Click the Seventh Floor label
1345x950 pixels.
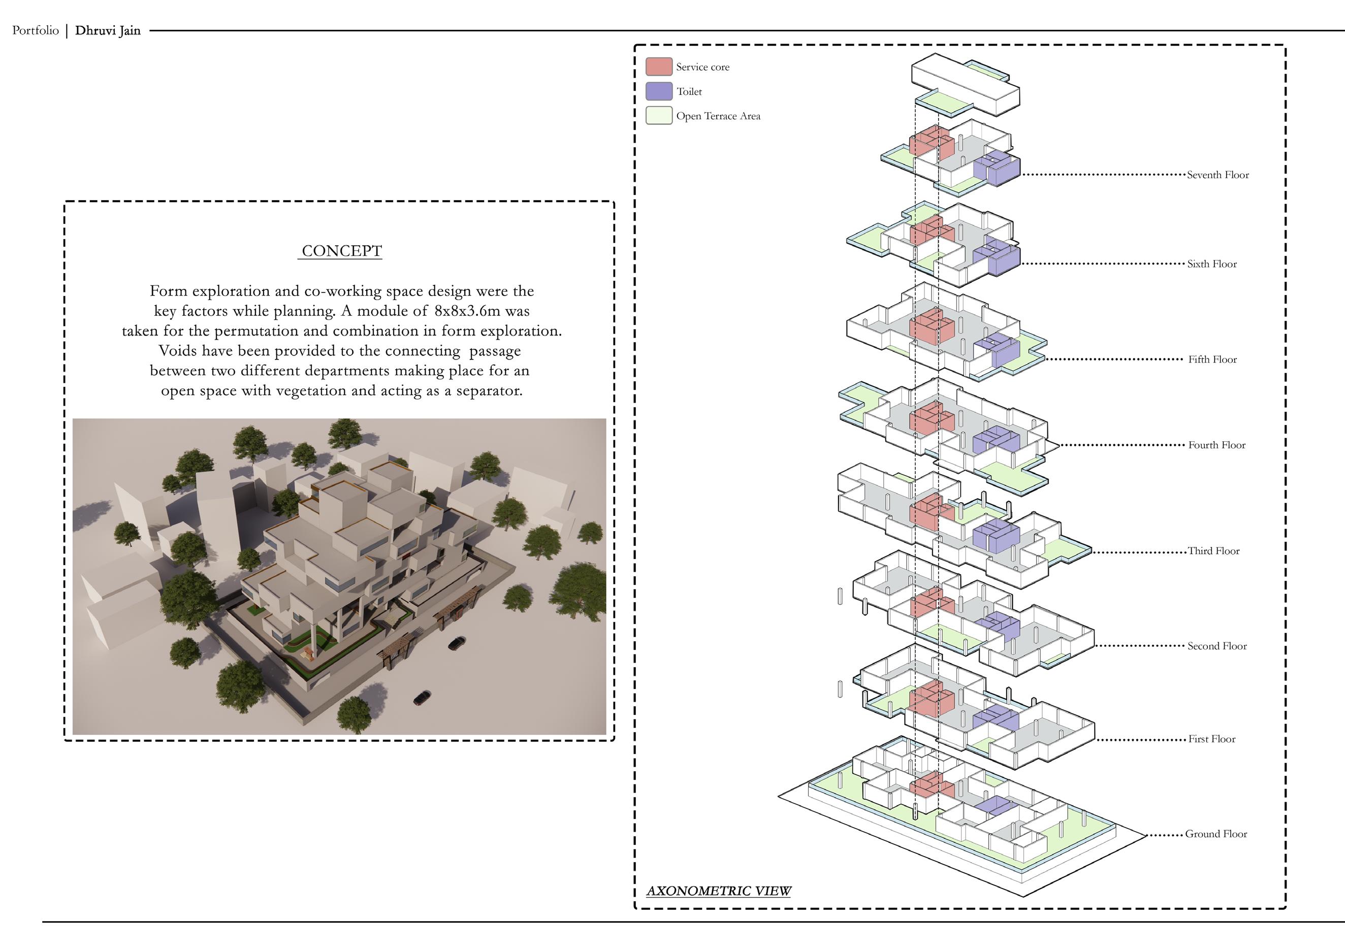click(x=1218, y=175)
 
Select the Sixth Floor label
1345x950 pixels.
click(x=1211, y=264)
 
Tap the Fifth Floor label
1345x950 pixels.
click(x=1212, y=359)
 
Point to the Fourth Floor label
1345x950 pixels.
click(x=1216, y=445)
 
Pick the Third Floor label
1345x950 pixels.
click(x=1213, y=550)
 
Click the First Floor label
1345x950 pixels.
click(x=1211, y=739)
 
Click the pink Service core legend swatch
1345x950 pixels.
click(x=658, y=67)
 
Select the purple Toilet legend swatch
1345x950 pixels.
click(x=658, y=91)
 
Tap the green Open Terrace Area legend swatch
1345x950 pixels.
click(x=658, y=115)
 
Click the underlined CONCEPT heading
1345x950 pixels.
click(x=341, y=251)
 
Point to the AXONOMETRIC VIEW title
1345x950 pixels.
click(x=718, y=891)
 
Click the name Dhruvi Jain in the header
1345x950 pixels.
click(x=108, y=30)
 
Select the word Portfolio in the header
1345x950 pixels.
click(x=35, y=30)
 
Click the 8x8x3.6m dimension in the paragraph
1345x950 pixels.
click(x=467, y=311)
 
